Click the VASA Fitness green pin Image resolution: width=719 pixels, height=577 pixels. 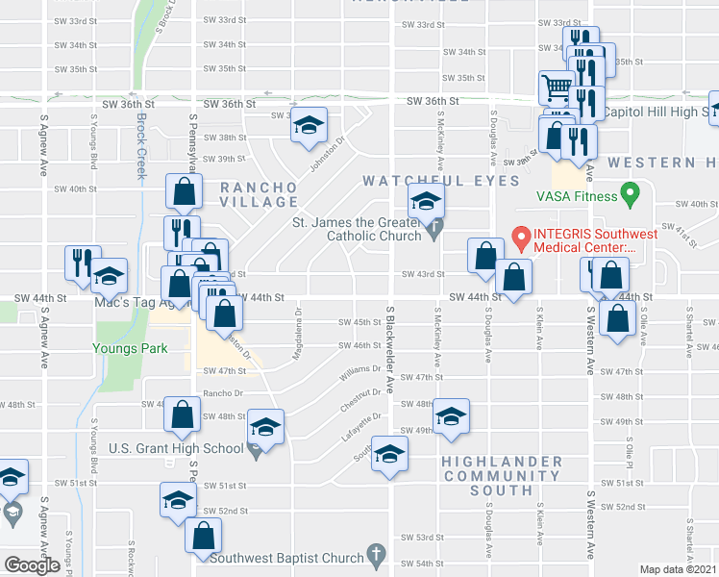click(631, 194)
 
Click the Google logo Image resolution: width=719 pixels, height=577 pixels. click(32, 565)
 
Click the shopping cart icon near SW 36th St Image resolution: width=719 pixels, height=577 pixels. click(556, 88)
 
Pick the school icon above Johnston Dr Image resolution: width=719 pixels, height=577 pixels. click(310, 125)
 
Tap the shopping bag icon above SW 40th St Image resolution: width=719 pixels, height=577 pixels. click(184, 191)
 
